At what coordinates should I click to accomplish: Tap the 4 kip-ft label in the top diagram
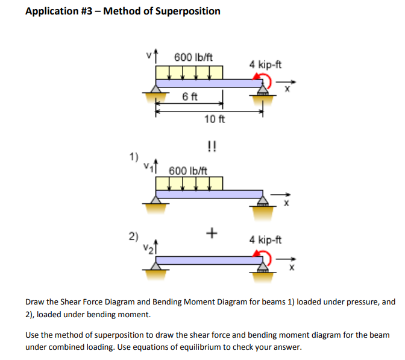pyautogui.click(x=265, y=64)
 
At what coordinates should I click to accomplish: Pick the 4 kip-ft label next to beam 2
pyautogui.click(x=265, y=239)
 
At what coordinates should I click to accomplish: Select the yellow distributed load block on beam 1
pyautogui.click(x=189, y=183)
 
